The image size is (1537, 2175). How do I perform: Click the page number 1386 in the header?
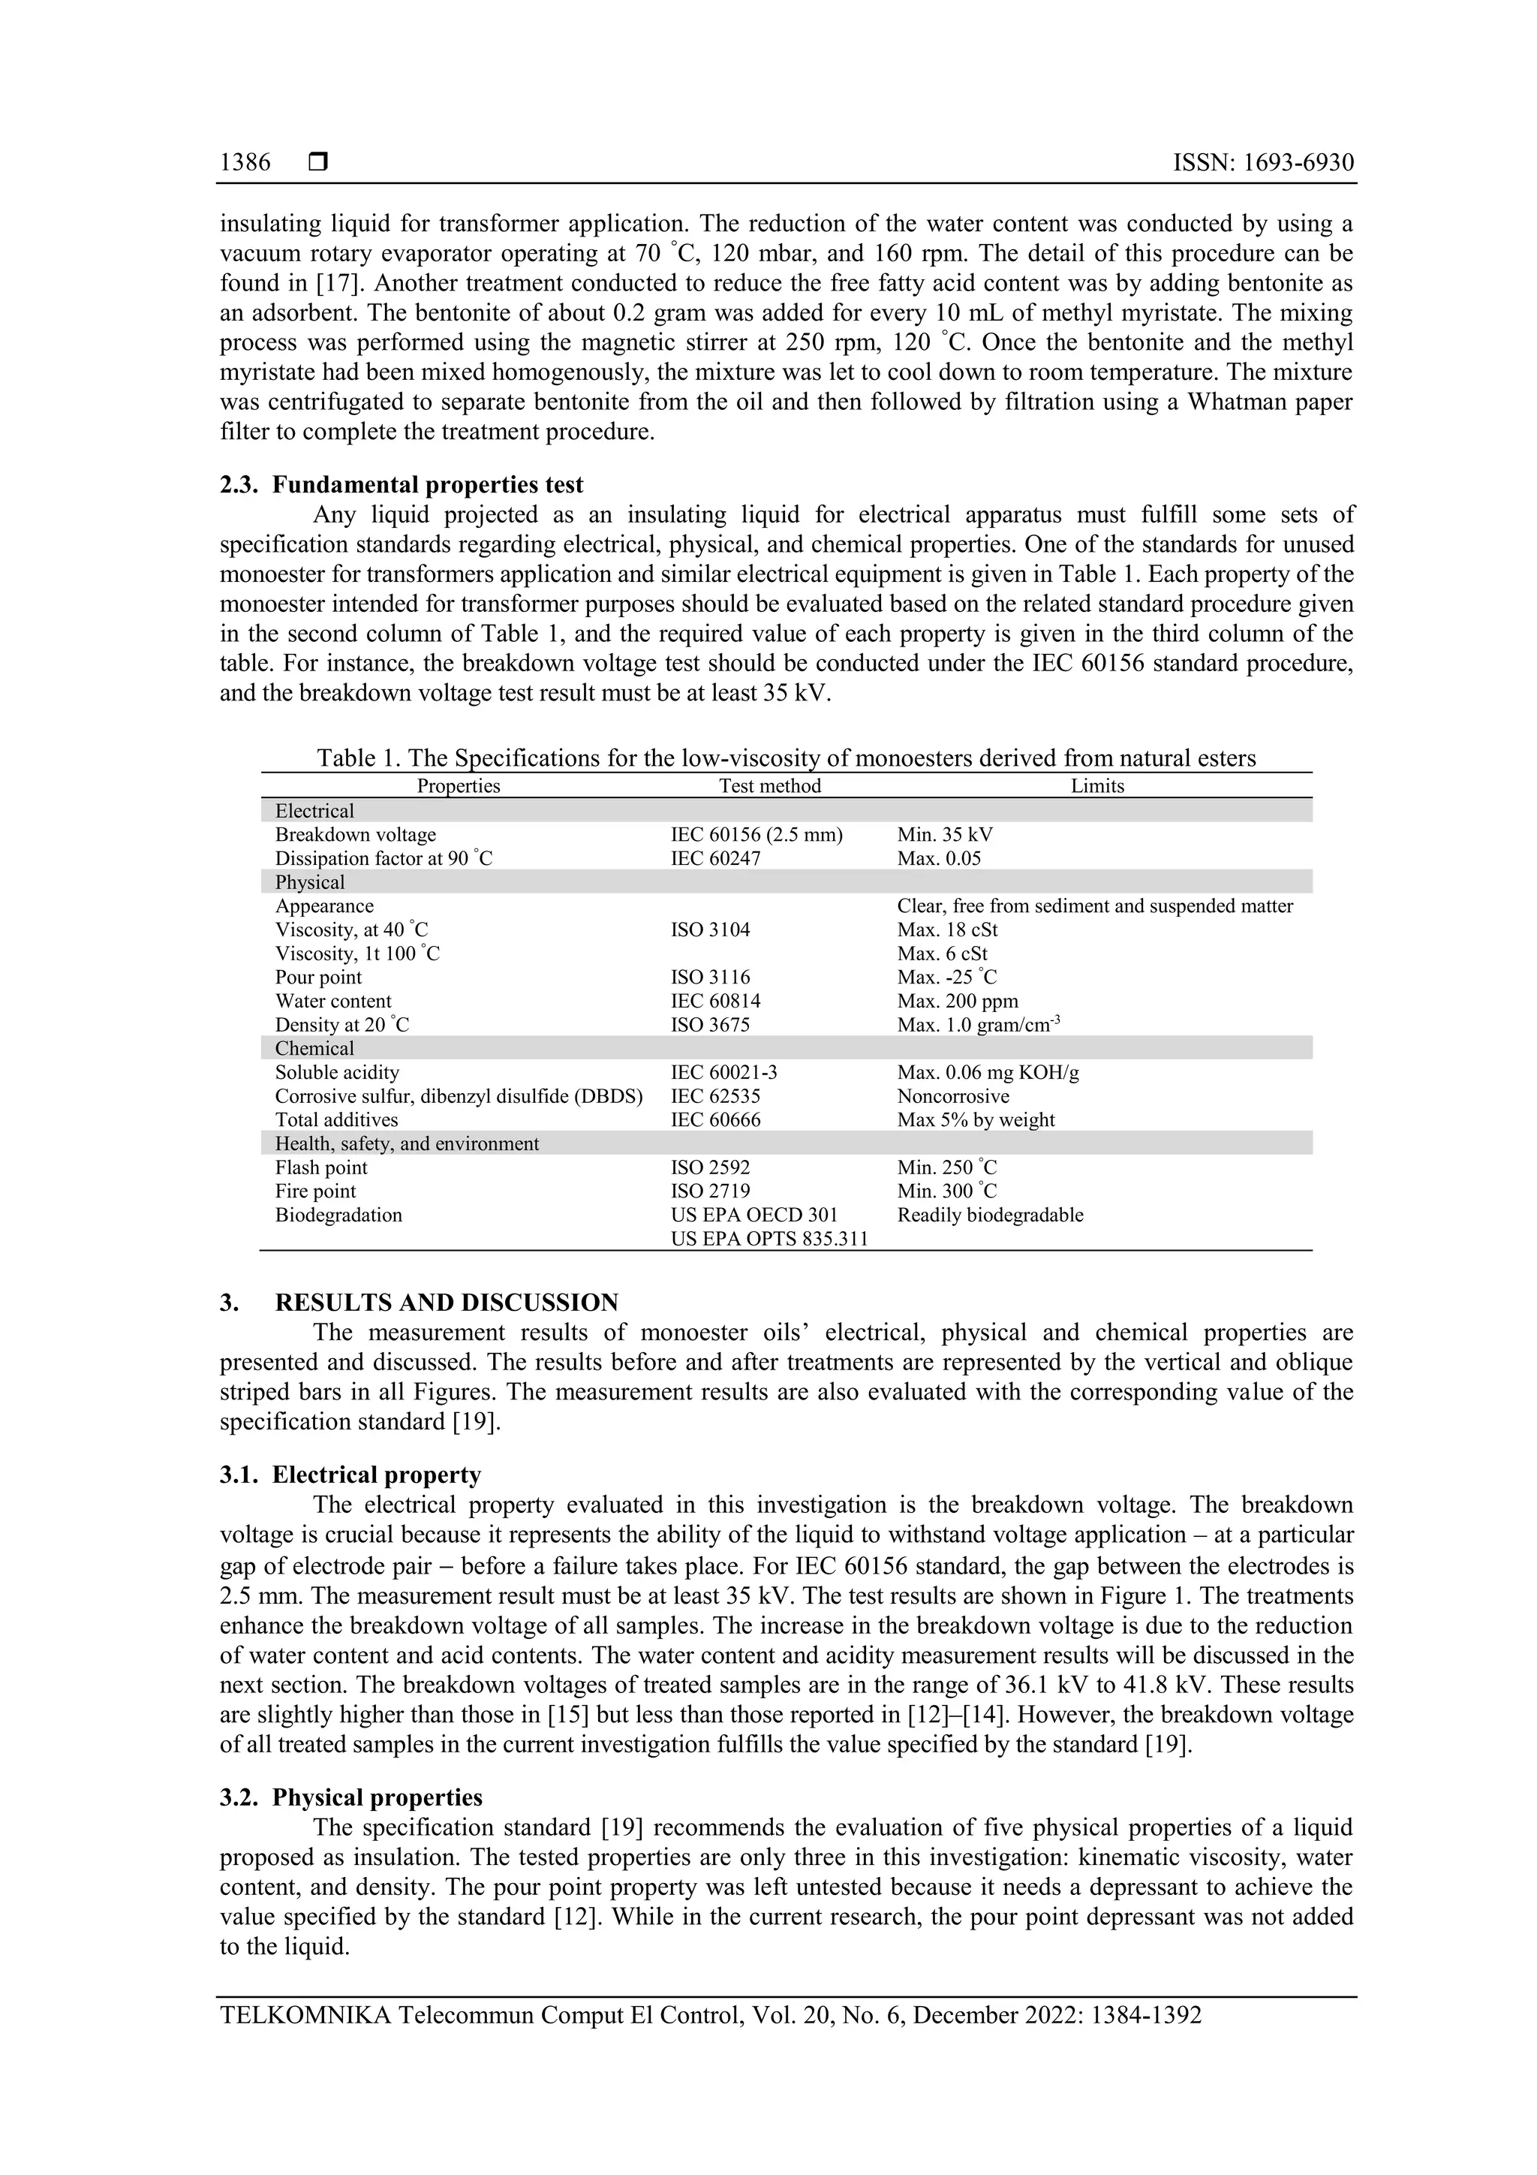(245, 163)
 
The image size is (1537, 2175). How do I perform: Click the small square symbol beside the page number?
(318, 163)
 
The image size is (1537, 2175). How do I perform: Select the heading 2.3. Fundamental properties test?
(402, 485)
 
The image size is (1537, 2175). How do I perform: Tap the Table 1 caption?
(786, 758)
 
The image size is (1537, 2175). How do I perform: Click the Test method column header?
(769, 785)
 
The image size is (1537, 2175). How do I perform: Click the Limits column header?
(1096, 785)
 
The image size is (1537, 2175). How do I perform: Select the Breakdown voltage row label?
(355, 835)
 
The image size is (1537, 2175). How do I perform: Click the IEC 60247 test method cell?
(715, 858)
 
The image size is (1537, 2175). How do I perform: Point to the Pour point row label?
(318, 977)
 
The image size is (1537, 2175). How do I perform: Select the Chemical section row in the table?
(314, 1048)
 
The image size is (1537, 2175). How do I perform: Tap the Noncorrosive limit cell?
(952, 1096)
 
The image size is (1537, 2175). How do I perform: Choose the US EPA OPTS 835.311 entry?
(769, 1238)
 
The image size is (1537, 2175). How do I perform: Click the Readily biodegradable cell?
(990, 1215)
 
